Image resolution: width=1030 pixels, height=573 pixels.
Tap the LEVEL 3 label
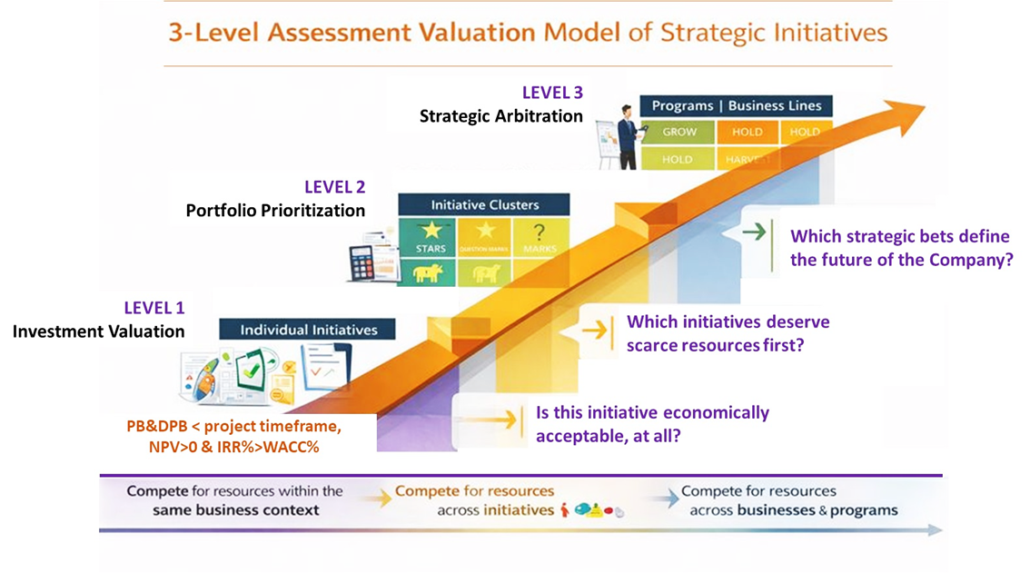point(552,92)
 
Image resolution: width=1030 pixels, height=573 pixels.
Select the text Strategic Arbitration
point(500,115)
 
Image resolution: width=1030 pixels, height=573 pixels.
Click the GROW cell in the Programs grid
point(678,132)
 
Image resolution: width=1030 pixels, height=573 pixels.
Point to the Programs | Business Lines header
point(736,106)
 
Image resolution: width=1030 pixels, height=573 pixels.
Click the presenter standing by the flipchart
point(627,137)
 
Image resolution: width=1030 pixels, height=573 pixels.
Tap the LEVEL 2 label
point(334,187)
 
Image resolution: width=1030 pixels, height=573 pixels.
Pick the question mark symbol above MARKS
point(539,231)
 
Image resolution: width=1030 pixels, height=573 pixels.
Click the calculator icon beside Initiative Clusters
point(362,264)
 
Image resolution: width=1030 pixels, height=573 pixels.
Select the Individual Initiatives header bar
point(309,330)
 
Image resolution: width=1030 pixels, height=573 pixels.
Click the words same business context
point(236,510)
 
